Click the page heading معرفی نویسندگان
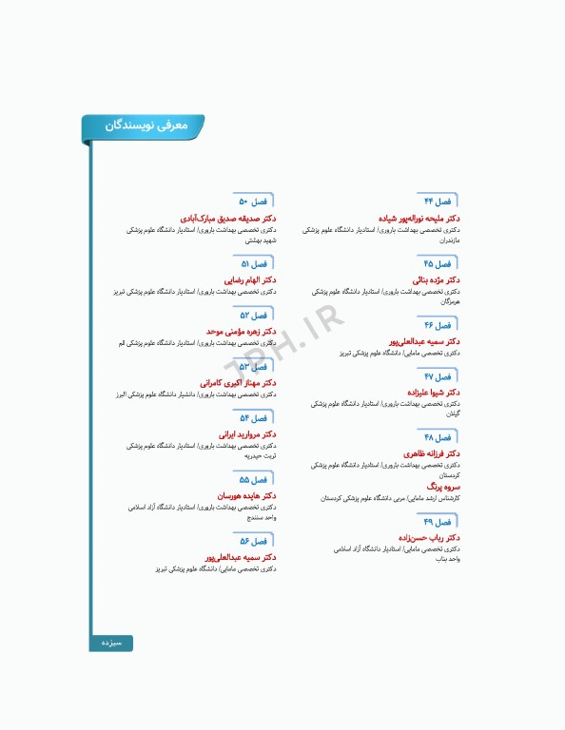[x=145, y=125]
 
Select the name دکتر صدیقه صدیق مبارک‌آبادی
[x=228, y=218]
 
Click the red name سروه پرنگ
[x=444, y=486]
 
